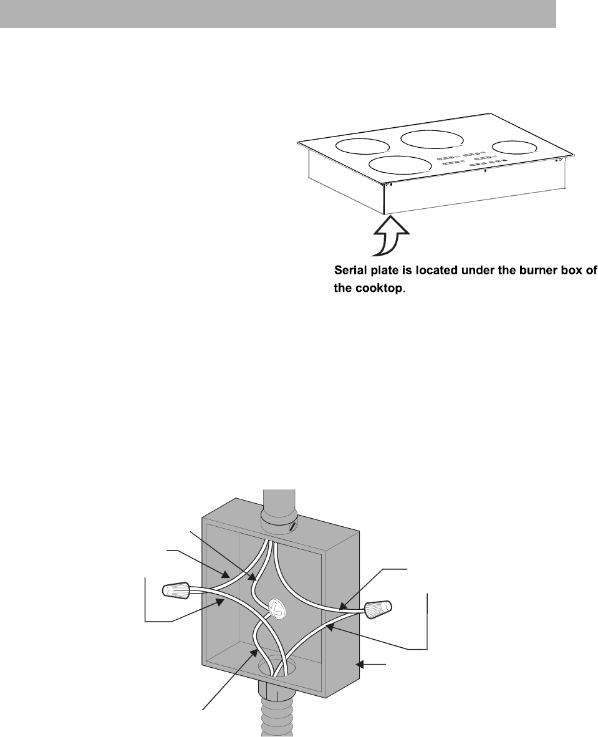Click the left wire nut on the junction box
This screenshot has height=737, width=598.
coord(176,589)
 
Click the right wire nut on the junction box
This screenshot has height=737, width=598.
coord(379,609)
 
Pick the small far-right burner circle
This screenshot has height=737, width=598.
coord(514,147)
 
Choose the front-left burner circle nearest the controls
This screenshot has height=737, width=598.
coord(400,165)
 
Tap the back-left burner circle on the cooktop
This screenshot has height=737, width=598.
coord(362,147)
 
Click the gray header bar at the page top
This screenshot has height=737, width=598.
coord(277,14)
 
